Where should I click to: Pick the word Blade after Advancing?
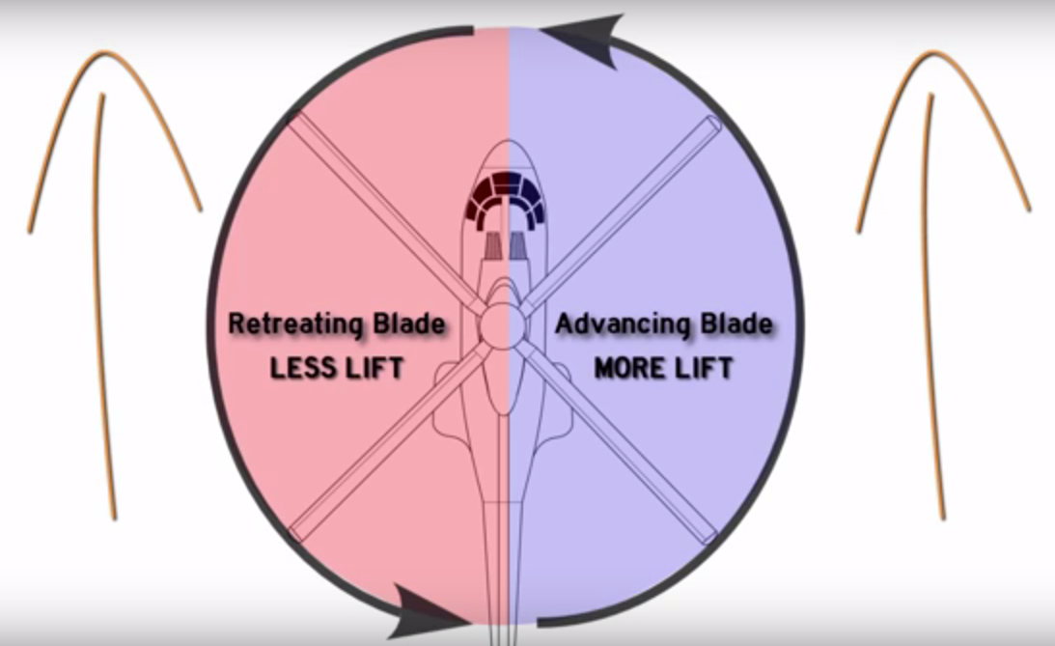click(736, 323)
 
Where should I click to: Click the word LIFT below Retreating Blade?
click(375, 368)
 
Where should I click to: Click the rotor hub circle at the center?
click(503, 325)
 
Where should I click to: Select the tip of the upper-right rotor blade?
click(713, 123)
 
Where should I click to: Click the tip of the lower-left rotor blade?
click(296, 534)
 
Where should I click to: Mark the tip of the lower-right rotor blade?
click(710, 537)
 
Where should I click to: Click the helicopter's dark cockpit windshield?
click(505, 196)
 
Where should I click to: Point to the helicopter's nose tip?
click(508, 141)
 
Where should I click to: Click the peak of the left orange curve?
click(104, 52)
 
